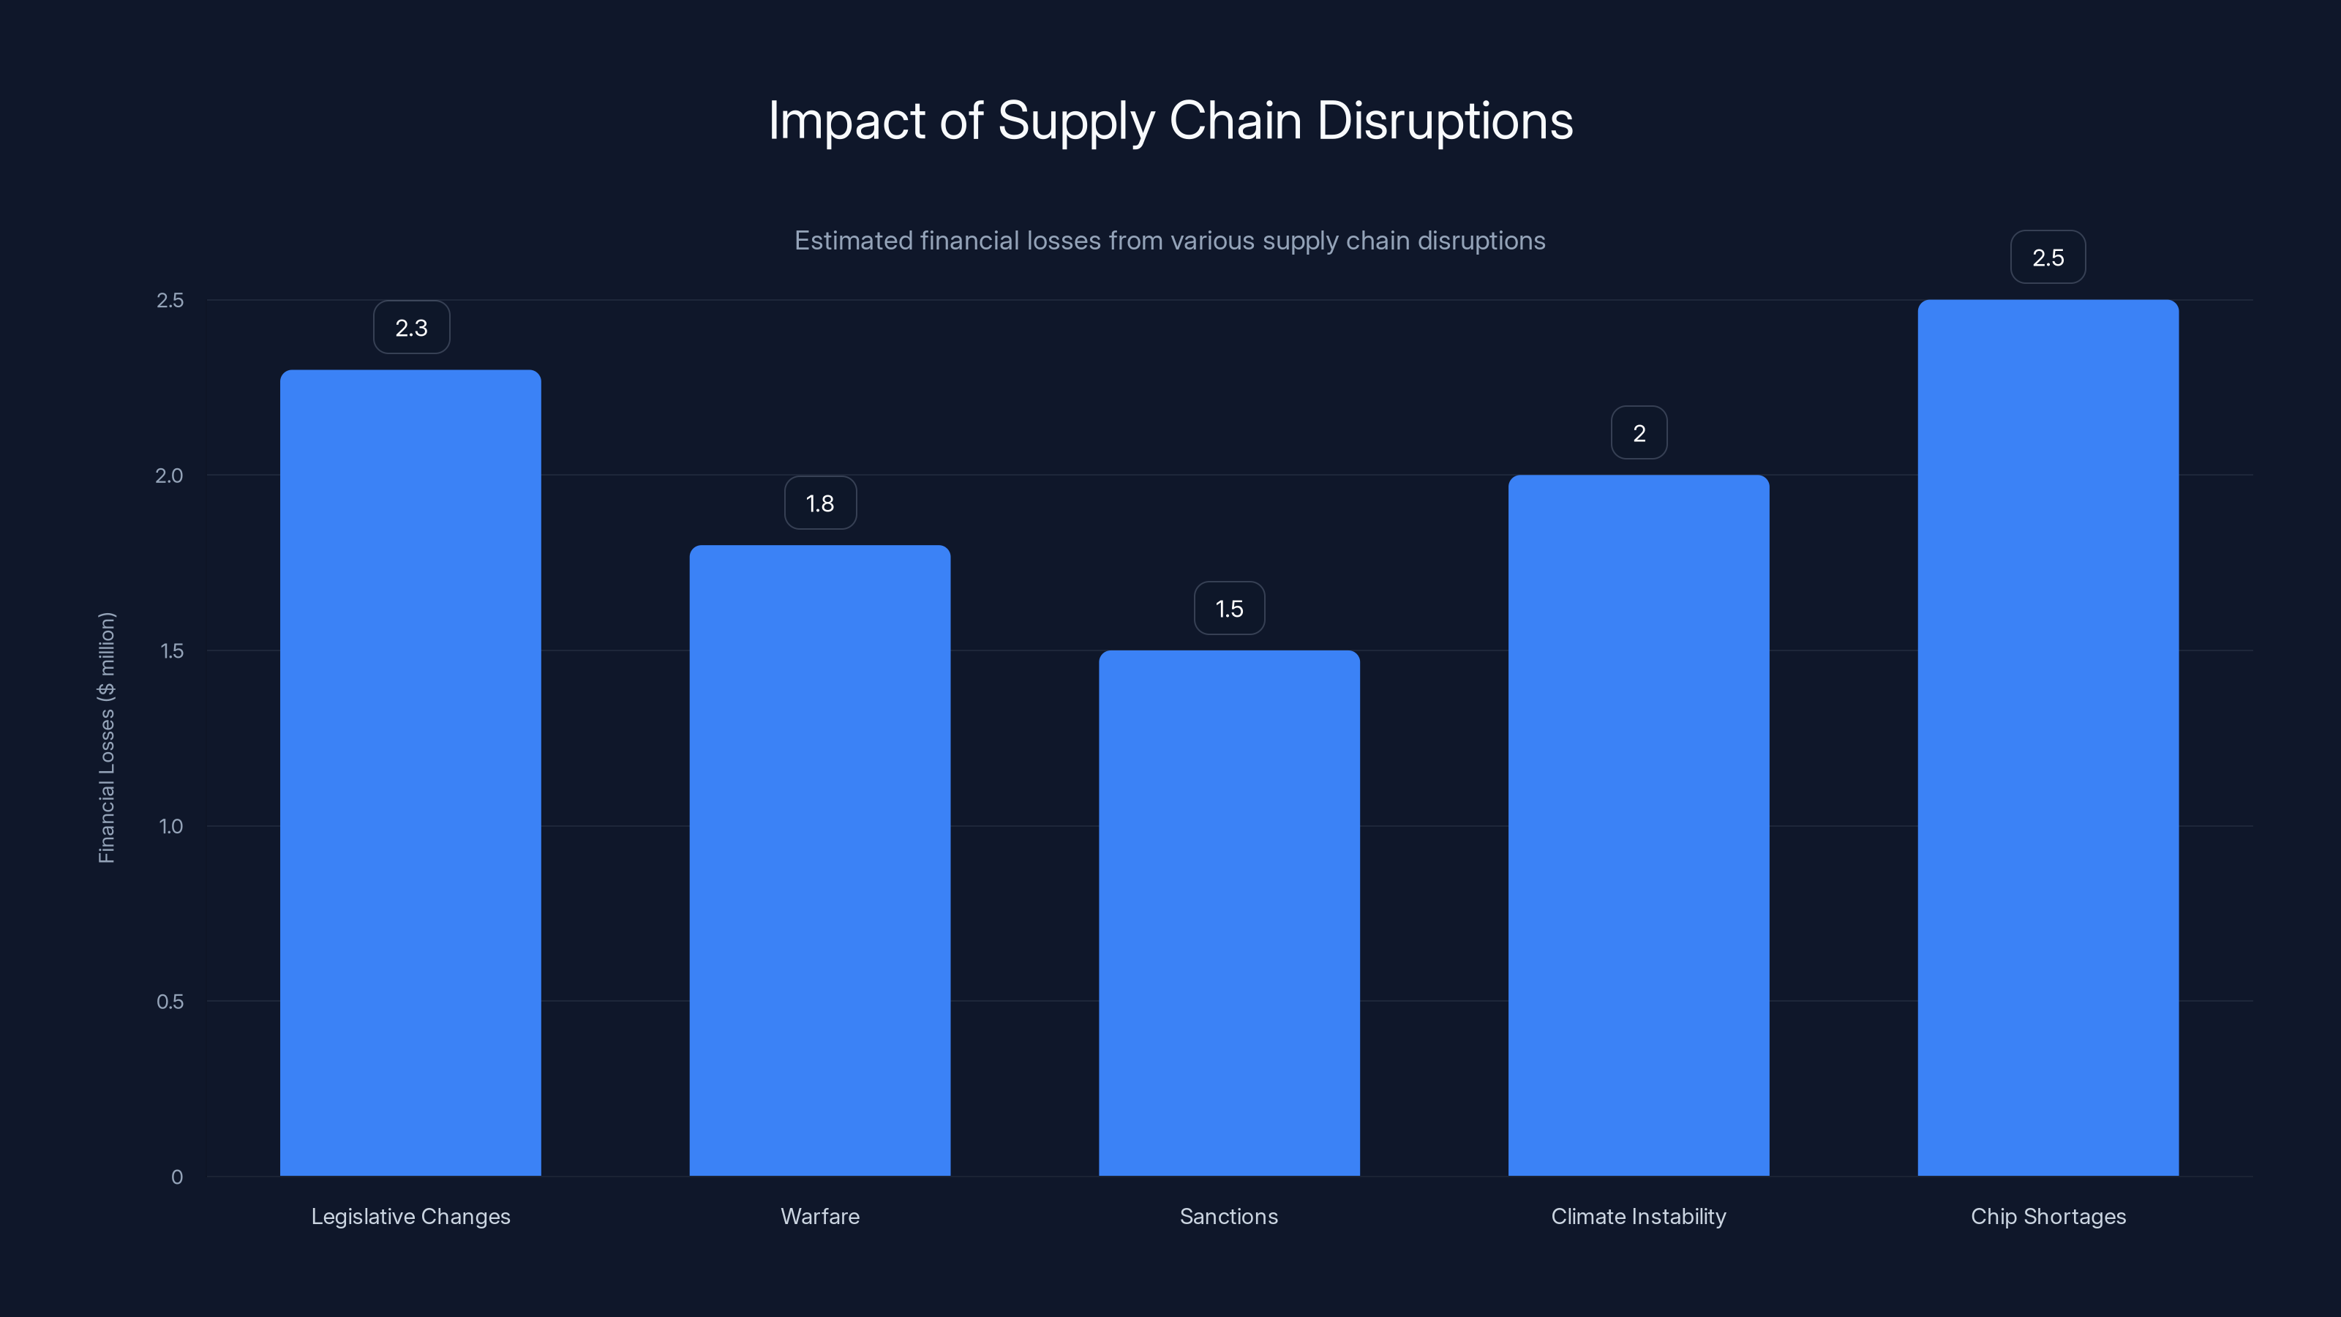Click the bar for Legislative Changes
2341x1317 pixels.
410,773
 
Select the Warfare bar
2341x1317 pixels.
819,860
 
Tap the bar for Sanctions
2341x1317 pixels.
1229,912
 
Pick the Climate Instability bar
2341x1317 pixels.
1639,825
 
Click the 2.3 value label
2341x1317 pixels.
410,328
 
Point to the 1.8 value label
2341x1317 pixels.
819,503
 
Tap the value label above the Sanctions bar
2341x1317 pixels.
1229,609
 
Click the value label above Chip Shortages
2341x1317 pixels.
2048,258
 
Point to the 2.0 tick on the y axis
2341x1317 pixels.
169,476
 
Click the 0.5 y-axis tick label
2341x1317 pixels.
170,1002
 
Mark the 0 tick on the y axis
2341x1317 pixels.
177,1177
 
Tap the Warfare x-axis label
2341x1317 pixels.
819,1216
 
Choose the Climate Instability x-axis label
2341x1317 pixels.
1639,1216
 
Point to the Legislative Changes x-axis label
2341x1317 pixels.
410,1216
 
